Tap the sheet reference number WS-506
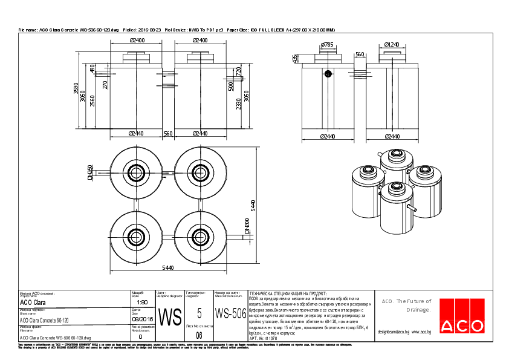pyautogui.click(x=231, y=313)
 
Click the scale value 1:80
pyautogui.click(x=142, y=302)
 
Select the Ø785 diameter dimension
pyautogui.click(x=327, y=45)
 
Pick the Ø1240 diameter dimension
pyautogui.click(x=391, y=45)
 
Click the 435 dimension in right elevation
pyautogui.click(x=295, y=58)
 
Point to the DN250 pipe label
pyautogui.click(x=89, y=172)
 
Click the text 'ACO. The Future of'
pyautogui.click(x=406, y=301)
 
